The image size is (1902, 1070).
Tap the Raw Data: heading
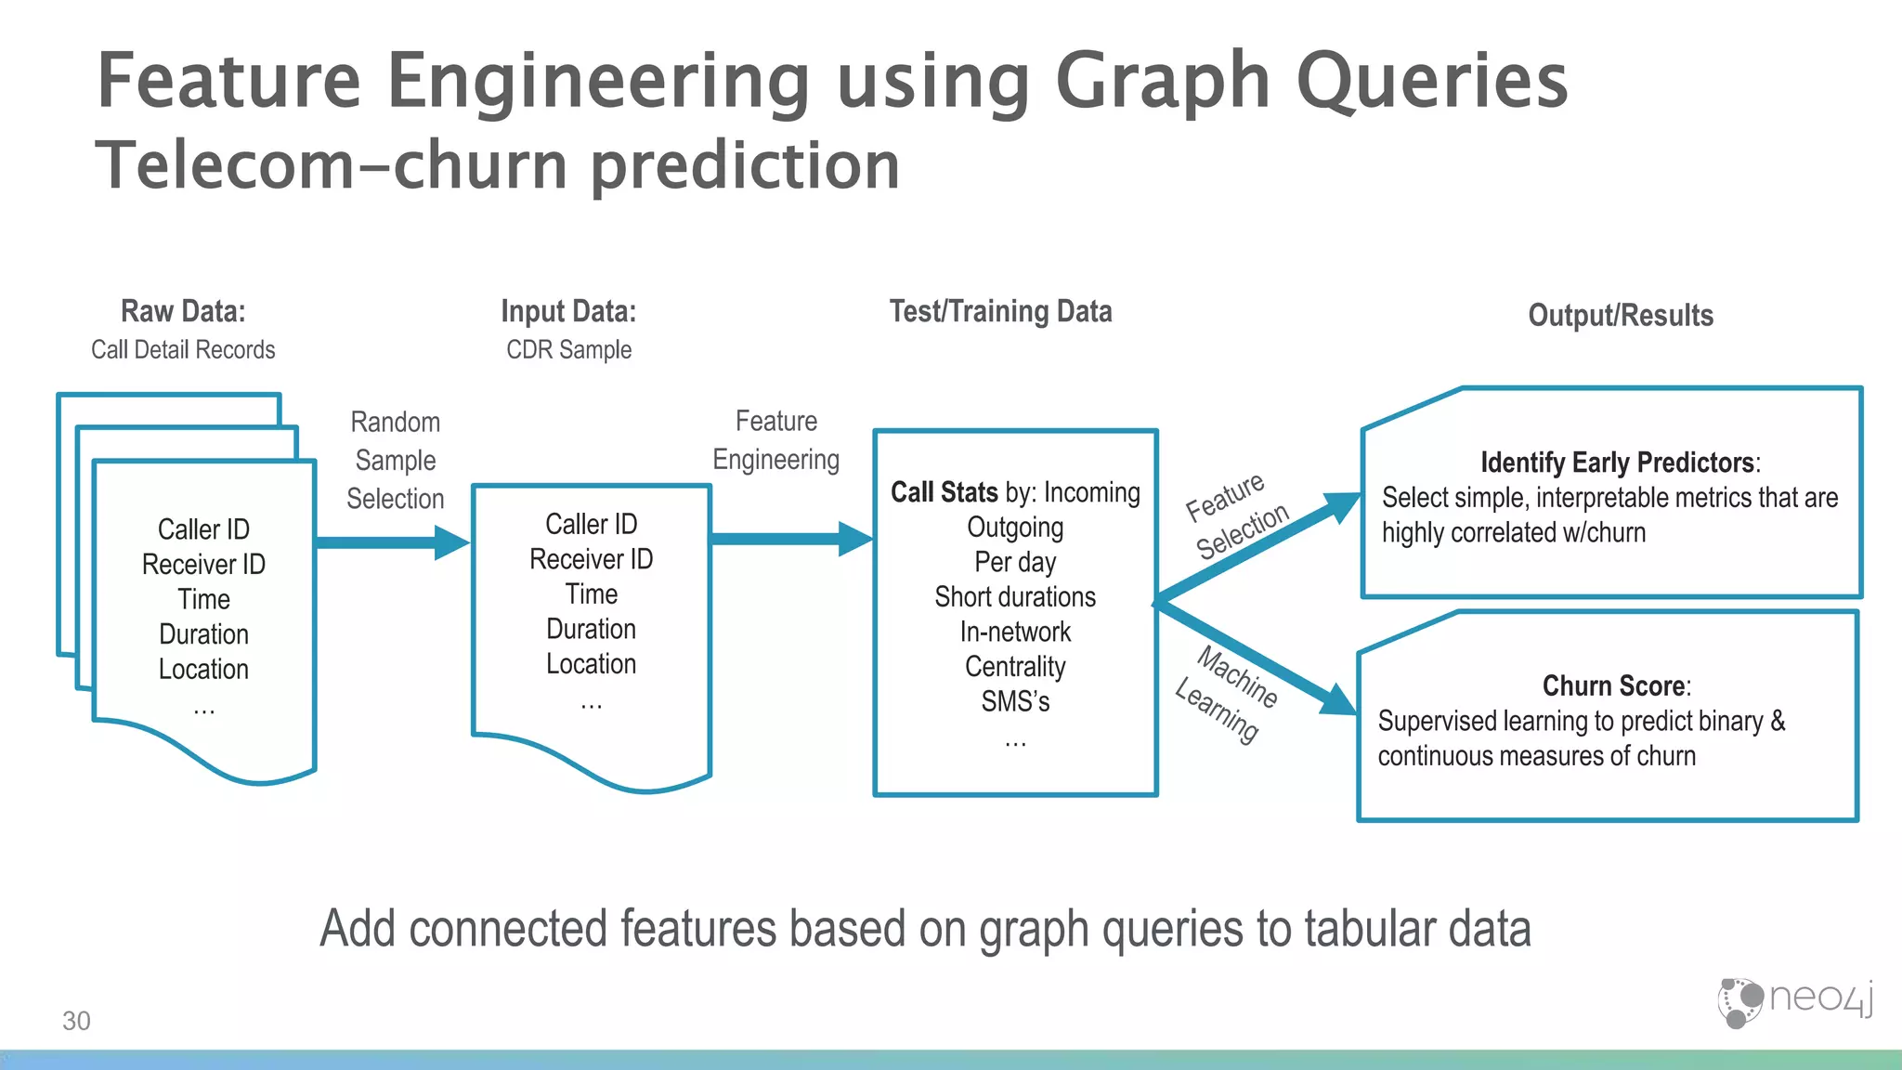183,311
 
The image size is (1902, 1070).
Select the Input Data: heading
568,311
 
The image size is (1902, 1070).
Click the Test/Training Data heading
1000,311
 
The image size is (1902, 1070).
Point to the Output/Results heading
1621,316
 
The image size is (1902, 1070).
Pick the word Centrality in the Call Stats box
1015,667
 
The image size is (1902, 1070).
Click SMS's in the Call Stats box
1015,701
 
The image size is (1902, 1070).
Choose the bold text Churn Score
1613,685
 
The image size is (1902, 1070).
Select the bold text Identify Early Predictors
1616,463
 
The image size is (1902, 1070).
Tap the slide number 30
76,1021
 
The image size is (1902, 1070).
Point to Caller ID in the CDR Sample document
591,524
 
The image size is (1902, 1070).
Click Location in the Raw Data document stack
203,669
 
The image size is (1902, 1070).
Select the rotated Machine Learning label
1227,693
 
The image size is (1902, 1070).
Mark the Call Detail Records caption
183,350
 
